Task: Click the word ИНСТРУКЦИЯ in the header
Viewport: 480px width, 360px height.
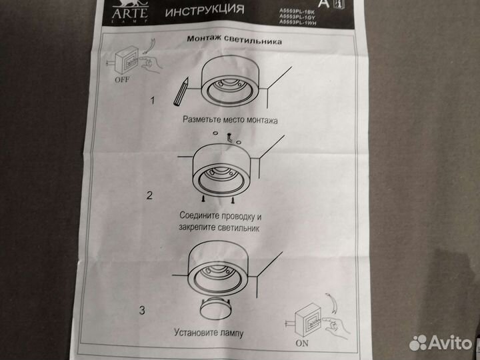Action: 203,11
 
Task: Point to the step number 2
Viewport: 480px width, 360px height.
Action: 150,196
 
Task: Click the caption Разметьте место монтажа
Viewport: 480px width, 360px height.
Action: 228,121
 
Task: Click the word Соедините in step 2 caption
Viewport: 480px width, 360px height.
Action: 204,216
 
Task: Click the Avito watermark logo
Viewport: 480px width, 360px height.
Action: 440,342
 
